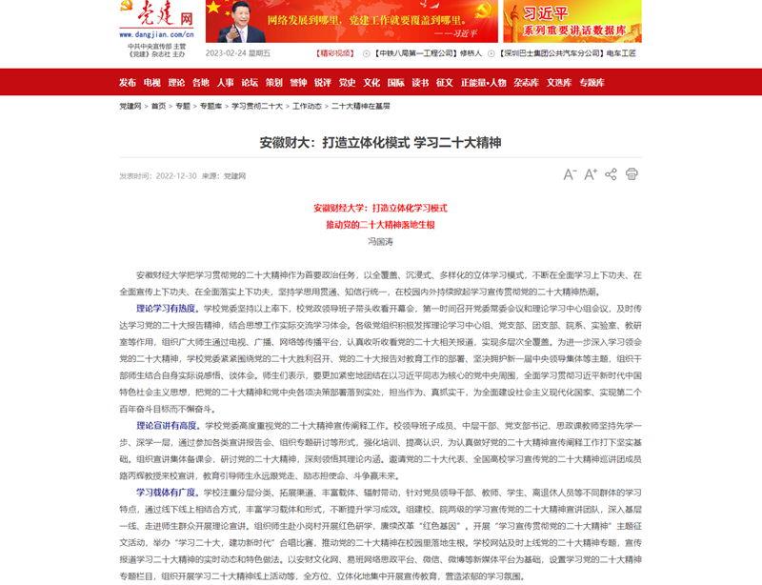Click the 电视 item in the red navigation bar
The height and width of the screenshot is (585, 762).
pos(152,82)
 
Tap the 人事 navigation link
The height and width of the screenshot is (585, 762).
pos(226,82)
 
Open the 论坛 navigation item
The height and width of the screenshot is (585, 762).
pos(250,82)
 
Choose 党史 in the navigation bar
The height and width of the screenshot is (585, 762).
pos(347,82)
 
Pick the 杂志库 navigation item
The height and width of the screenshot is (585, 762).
pos(526,82)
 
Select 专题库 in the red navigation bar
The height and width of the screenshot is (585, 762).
pos(592,82)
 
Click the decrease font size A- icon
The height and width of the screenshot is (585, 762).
pos(570,174)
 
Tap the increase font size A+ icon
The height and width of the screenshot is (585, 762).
pos(591,174)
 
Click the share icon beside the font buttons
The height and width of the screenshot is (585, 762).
pos(611,174)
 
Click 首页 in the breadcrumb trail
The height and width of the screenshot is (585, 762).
pos(158,107)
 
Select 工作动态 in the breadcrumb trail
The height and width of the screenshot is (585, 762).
pos(307,107)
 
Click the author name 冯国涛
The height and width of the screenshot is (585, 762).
pos(380,242)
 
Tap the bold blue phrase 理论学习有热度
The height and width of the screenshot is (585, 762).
pos(167,309)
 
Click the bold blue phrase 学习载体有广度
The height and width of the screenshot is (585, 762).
pos(167,493)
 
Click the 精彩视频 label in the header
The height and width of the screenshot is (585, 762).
pos(336,53)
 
